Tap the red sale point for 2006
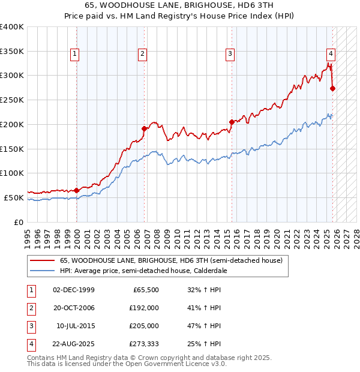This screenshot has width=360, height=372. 144,128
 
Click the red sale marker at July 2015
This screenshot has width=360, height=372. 232,122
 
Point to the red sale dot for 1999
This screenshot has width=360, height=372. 76,190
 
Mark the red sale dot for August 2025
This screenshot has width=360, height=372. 333,88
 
